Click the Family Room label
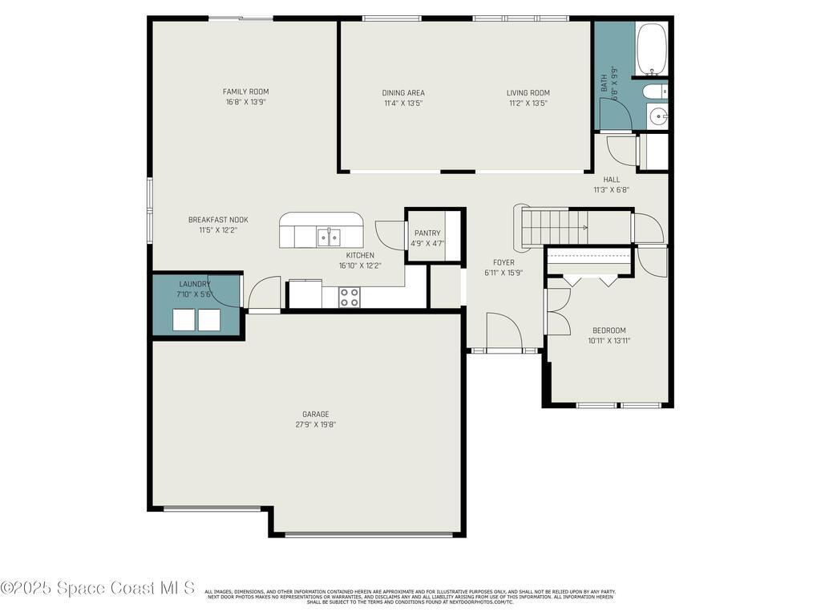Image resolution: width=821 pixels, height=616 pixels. click(x=245, y=91)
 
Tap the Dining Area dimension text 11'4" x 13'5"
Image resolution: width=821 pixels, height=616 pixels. click(x=403, y=103)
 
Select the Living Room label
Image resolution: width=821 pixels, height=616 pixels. click(x=528, y=92)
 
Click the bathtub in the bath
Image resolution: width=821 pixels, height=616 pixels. click(x=651, y=47)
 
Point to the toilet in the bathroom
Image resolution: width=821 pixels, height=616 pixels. click(x=654, y=91)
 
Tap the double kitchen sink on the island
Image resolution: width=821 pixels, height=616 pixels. click(x=328, y=237)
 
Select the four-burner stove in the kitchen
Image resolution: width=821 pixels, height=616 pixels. click(x=349, y=297)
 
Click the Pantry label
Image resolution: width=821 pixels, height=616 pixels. click(x=427, y=233)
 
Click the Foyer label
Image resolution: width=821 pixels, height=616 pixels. click(x=504, y=262)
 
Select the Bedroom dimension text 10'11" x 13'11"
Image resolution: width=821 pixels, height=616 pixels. click(x=609, y=340)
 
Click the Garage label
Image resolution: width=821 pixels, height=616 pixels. click(x=315, y=414)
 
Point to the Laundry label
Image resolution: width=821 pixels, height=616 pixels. click(x=195, y=284)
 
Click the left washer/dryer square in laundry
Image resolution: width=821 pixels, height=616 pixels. click(x=185, y=320)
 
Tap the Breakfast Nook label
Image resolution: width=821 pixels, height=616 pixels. click(x=218, y=219)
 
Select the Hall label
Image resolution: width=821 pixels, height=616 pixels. click(x=611, y=180)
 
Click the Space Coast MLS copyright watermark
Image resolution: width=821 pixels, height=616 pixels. click(x=98, y=588)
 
